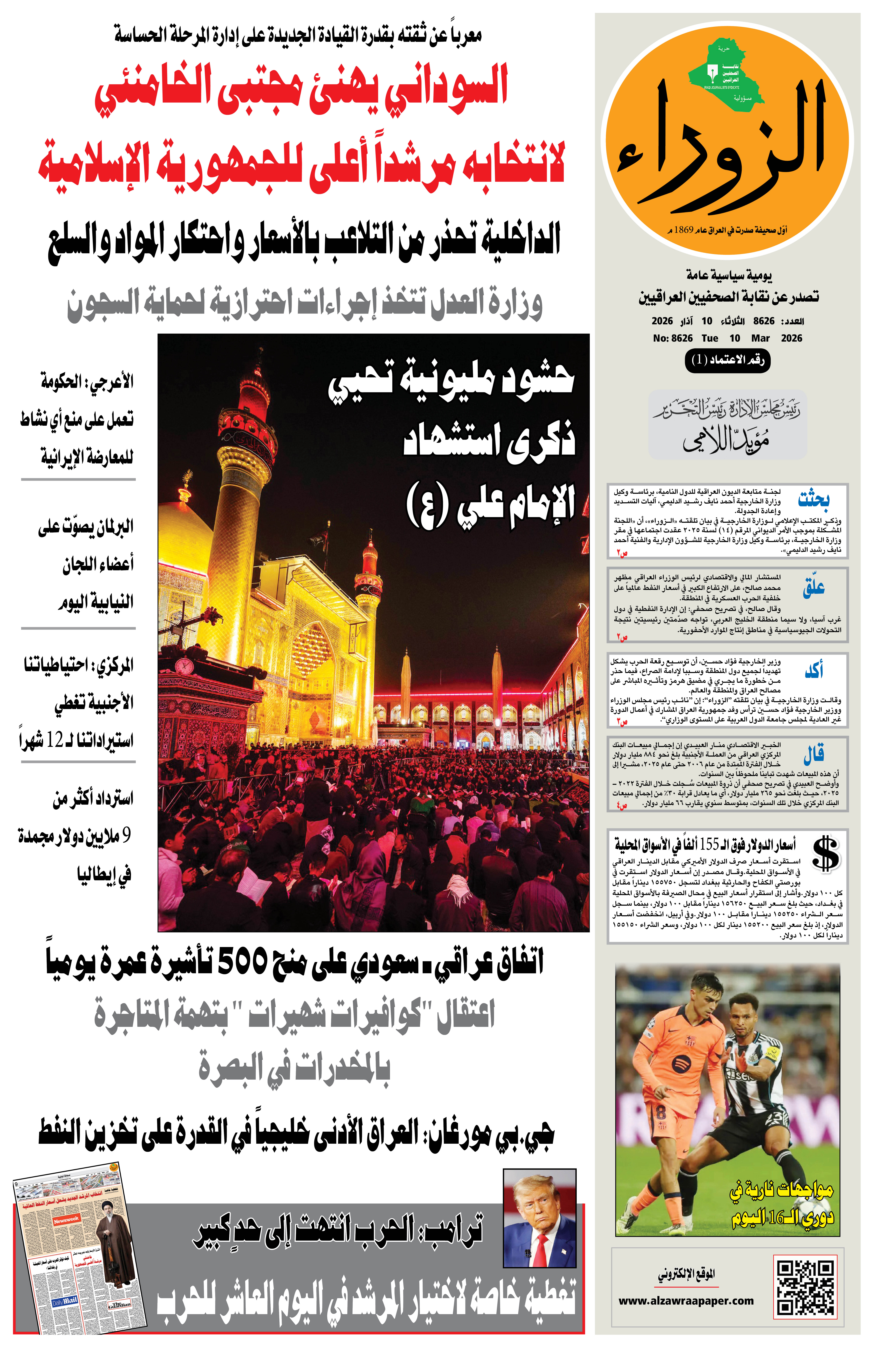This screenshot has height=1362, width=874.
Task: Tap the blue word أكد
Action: [x=814, y=671]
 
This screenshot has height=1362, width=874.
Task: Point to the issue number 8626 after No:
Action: [x=682, y=338]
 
